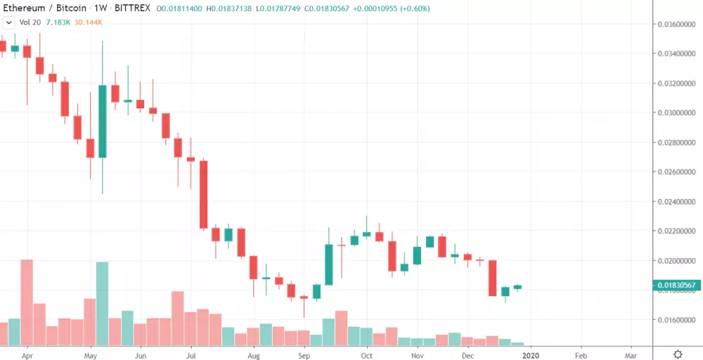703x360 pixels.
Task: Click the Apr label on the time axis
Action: [27, 354]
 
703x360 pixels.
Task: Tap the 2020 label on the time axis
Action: [531, 354]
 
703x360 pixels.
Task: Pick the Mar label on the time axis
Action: [631, 354]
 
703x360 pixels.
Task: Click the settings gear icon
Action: [678, 354]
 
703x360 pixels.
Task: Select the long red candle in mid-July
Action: [203, 194]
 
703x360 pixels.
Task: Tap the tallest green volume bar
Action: [103, 303]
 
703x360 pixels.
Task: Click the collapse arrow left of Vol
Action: [8, 23]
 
